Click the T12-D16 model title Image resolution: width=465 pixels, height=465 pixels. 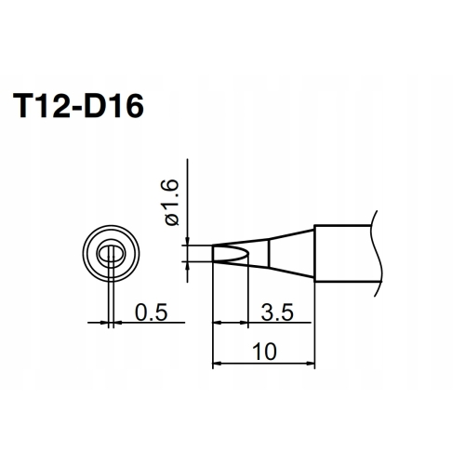[78, 106]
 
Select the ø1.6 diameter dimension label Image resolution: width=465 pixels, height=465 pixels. [172, 203]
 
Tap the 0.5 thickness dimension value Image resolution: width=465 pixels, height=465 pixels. [151, 312]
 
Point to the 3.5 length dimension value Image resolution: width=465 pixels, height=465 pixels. [277, 312]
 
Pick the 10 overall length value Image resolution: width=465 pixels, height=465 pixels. [264, 352]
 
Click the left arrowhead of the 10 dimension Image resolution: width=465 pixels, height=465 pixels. [217, 363]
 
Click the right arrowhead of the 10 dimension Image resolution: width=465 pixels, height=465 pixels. [311, 363]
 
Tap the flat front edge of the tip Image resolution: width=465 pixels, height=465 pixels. [213, 254]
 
